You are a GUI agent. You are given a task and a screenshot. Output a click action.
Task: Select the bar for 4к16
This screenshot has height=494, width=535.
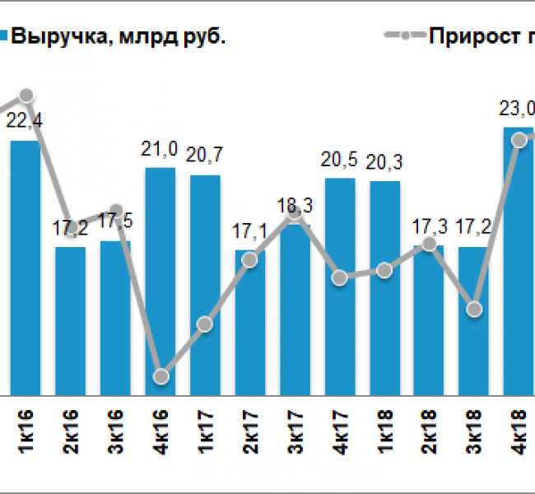click(x=160, y=280)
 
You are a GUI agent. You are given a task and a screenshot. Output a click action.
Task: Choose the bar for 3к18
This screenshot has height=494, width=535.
click(x=473, y=321)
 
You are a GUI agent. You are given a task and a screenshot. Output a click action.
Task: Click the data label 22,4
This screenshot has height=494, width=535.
click(x=25, y=121)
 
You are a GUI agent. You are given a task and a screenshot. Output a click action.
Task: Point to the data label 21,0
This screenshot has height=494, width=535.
click(x=160, y=149)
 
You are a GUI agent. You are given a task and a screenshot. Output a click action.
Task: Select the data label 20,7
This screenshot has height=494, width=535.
click(x=206, y=152)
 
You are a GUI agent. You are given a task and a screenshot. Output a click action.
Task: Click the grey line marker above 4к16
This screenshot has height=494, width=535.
click(x=161, y=376)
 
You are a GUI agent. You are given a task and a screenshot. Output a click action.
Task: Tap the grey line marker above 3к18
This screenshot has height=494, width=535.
click(x=473, y=309)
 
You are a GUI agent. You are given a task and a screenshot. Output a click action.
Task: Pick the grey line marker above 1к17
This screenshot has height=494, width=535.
click(x=206, y=324)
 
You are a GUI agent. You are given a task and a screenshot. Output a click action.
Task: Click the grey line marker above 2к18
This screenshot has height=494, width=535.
click(x=430, y=244)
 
